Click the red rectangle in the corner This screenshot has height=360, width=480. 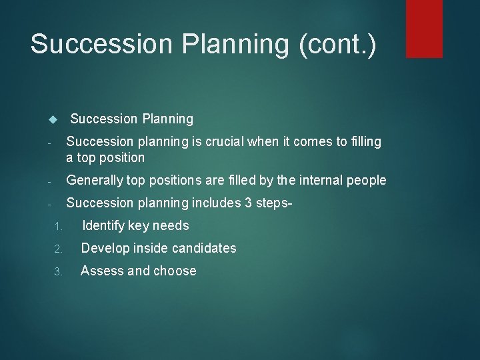coord(425,28)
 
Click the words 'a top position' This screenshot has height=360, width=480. coord(105,158)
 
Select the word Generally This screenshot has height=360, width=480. coord(94,181)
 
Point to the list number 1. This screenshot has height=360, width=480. coord(58,227)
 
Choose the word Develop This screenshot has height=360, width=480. coord(105,249)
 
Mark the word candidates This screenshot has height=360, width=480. coord(203,249)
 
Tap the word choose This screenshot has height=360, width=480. coord(175,271)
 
